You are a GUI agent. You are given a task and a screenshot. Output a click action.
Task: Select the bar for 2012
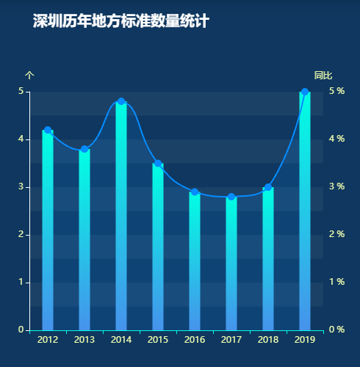tap(48, 230)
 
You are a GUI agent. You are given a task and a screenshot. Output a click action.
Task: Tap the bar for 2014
tap(121, 216)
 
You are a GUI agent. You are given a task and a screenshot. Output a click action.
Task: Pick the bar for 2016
tap(195, 261)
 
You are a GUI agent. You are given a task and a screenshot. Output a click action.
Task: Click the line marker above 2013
tap(84, 149)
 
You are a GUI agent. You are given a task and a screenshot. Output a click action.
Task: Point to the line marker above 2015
tap(158, 164)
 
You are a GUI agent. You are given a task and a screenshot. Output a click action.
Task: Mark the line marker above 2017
tap(231, 197)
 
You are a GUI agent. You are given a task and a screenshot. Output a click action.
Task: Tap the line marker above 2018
tap(268, 187)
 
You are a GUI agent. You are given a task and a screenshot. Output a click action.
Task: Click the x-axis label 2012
tap(48, 340)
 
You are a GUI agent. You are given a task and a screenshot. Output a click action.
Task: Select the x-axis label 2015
tap(158, 340)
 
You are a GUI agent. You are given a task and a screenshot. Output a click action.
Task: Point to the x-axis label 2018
tap(268, 340)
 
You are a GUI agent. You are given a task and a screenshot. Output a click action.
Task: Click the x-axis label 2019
tap(305, 340)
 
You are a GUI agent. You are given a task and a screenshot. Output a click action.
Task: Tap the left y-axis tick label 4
tap(22, 139)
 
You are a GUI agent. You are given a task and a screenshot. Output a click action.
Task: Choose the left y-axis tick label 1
tap(22, 283)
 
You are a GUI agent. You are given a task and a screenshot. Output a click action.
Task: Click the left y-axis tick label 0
tap(22, 330)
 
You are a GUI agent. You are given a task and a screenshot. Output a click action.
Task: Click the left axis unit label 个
tap(29, 76)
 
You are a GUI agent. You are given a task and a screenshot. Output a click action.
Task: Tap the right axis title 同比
tap(323, 76)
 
